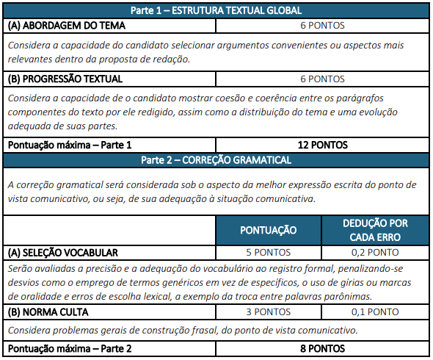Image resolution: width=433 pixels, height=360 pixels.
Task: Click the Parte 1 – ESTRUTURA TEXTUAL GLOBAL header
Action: tap(216, 11)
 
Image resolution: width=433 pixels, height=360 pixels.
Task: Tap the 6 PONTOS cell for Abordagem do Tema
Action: tap(322, 25)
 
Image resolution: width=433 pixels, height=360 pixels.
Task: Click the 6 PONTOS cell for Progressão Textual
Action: tap(322, 79)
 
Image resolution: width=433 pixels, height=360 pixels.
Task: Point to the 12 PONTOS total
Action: tap(322, 145)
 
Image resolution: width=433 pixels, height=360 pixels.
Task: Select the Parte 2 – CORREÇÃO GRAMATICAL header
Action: tap(216, 159)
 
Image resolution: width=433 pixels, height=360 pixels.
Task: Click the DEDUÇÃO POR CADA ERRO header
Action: tap(375, 230)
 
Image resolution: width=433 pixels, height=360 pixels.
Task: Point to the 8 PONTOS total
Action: tap(322, 348)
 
